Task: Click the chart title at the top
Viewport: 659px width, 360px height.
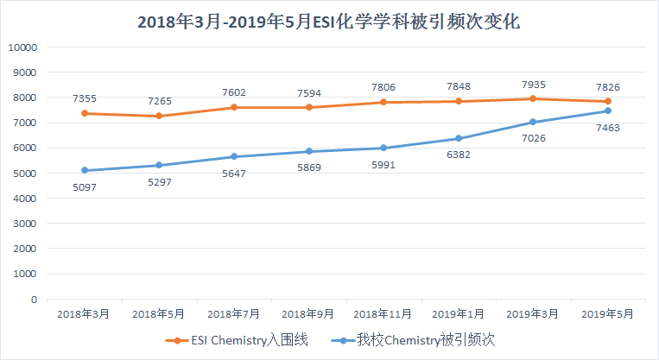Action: pos(329,22)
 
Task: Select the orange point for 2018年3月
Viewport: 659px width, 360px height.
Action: pos(84,113)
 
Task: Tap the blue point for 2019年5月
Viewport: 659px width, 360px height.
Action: pos(608,111)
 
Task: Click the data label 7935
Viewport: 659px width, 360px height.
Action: pos(532,85)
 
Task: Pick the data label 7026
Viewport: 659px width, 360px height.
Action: pos(532,137)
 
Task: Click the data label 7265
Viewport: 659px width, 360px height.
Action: pos(159,101)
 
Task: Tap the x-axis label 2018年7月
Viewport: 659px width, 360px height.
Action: pos(233,314)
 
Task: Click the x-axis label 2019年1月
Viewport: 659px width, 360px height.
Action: pos(458,314)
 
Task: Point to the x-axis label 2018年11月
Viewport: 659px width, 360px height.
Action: pos(383,314)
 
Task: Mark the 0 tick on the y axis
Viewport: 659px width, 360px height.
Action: pos(33,300)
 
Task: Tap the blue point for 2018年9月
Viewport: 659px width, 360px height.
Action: pos(308,151)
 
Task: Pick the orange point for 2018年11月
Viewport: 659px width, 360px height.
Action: pos(383,102)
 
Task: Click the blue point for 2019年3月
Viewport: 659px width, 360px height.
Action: pos(532,122)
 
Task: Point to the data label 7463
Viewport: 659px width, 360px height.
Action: pos(608,128)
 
